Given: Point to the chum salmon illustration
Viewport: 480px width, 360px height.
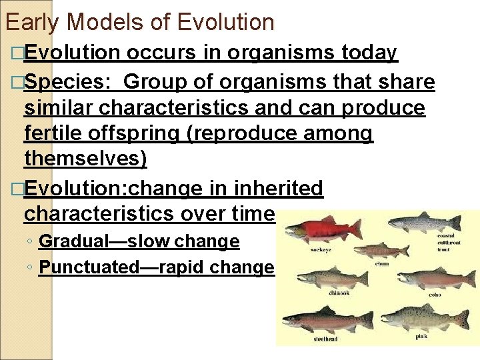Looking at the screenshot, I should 380,250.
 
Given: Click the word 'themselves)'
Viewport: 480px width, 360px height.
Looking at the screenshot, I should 85,159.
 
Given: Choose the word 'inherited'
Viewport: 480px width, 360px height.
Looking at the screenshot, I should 279,189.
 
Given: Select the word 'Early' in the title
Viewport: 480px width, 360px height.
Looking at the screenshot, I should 32,23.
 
